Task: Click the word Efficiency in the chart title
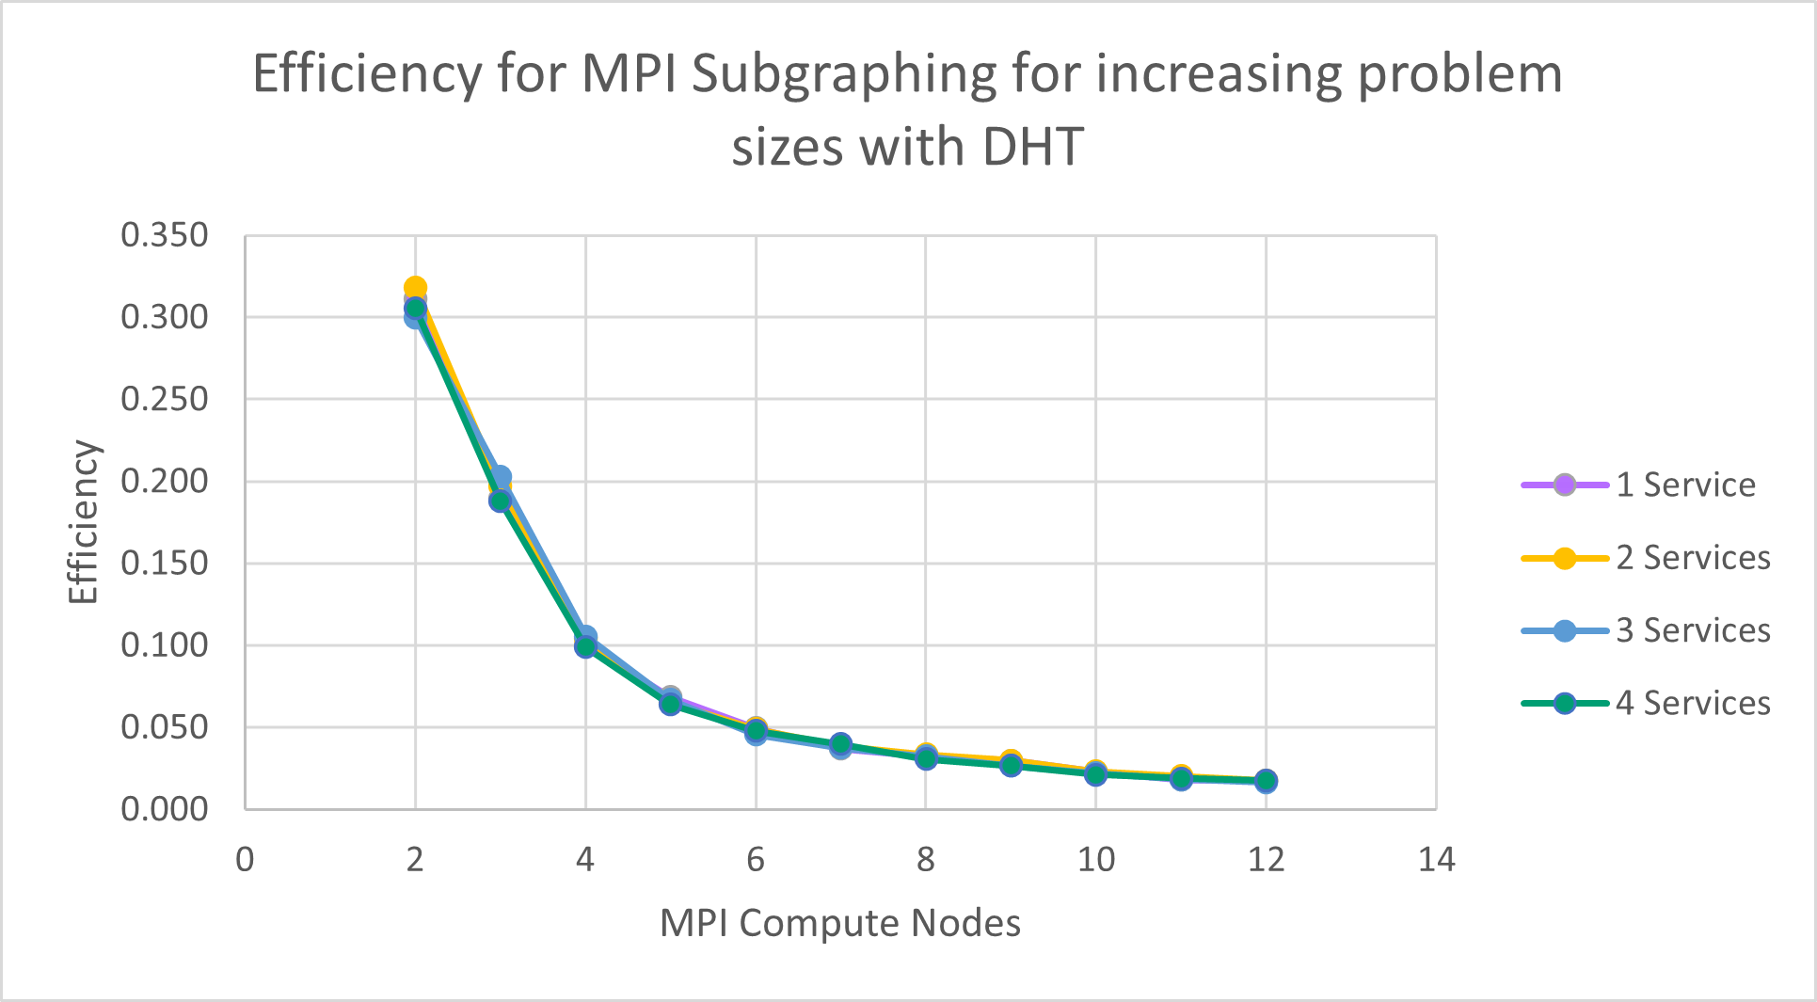point(366,73)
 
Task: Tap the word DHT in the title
point(1032,148)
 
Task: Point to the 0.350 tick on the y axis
point(165,235)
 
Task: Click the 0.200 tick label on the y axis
point(165,481)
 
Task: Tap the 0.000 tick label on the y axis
point(165,809)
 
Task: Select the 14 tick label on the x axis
point(1436,859)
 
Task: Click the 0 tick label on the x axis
point(245,859)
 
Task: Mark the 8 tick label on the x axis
point(926,859)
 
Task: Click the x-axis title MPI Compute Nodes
point(840,923)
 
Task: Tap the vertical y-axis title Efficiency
point(84,522)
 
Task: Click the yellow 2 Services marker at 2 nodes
point(415,288)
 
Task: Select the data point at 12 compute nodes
point(1266,781)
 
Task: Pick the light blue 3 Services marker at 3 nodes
point(501,477)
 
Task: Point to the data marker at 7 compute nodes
point(840,745)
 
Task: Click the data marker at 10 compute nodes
point(1095,773)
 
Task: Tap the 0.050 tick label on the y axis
point(165,727)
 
